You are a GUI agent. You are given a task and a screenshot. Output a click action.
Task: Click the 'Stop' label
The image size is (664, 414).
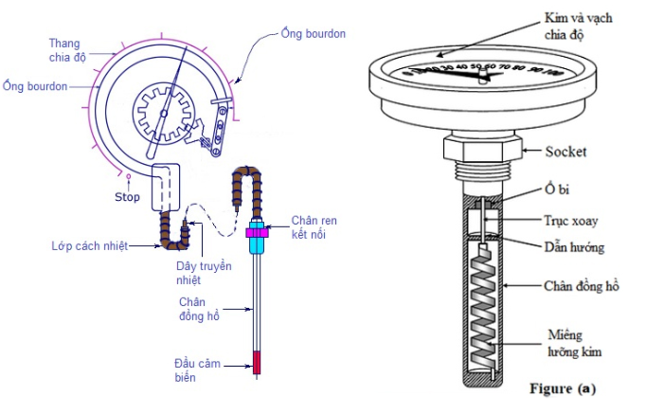127,198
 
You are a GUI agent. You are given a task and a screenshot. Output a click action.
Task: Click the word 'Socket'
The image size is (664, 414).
566,151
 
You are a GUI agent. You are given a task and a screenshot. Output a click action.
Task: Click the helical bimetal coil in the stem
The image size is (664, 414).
485,308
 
